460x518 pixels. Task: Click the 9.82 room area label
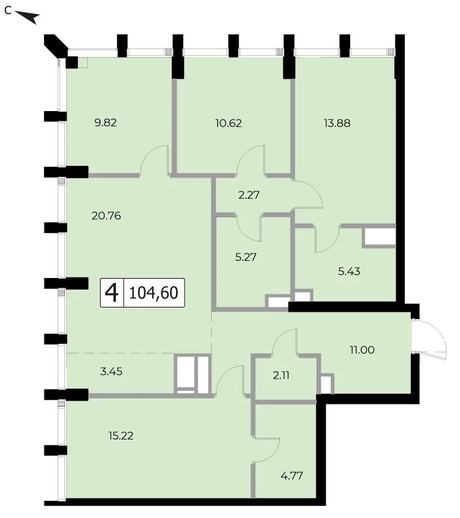tap(105, 123)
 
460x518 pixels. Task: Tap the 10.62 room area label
tap(229, 123)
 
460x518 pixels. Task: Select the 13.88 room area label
tap(337, 123)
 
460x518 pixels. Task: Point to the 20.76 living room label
tap(106, 216)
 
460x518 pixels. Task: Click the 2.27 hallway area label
tap(249, 195)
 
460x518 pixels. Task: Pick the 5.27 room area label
tap(246, 257)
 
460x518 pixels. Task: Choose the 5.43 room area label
tap(349, 271)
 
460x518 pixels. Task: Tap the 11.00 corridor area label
tap(362, 350)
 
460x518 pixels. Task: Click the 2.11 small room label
tap(282, 376)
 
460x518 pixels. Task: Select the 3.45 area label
tap(111, 372)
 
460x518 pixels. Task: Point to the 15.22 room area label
tap(121, 436)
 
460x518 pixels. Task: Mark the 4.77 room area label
tap(292, 476)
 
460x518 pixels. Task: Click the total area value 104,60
tap(153, 293)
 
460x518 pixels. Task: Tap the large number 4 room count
tap(112, 293)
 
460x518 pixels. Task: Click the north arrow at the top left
tap(28, 17)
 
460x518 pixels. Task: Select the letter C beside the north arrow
tap(8, 11)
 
